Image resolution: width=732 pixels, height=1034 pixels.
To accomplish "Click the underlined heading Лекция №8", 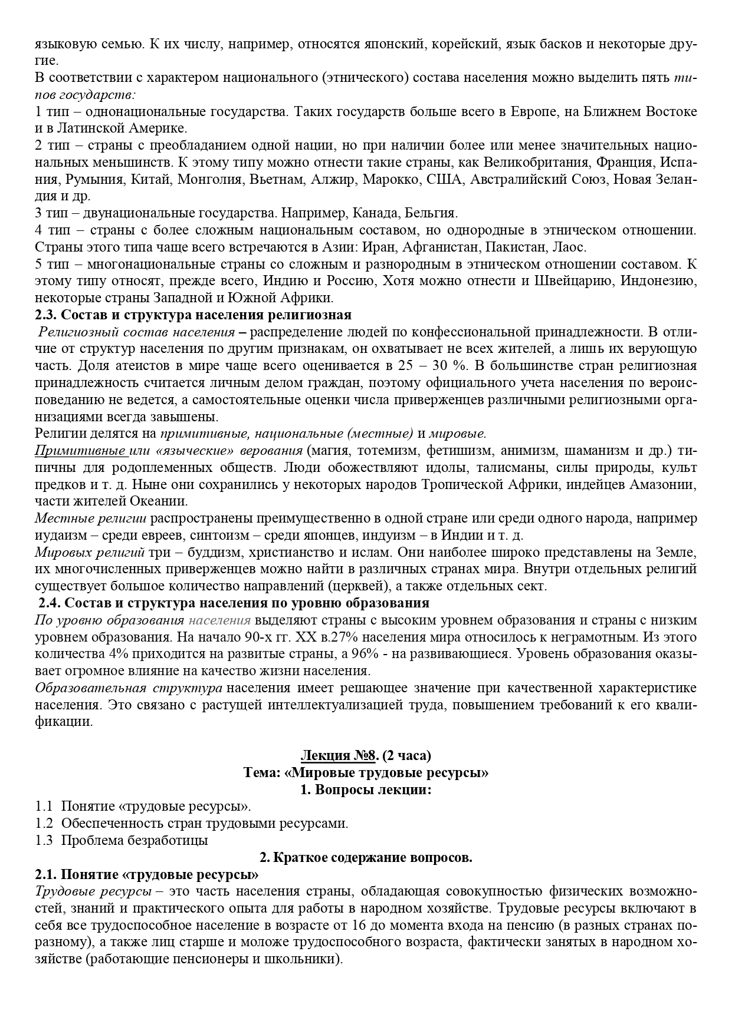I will point(339,755).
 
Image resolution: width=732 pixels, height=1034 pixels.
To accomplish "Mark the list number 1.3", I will point(44,840).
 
